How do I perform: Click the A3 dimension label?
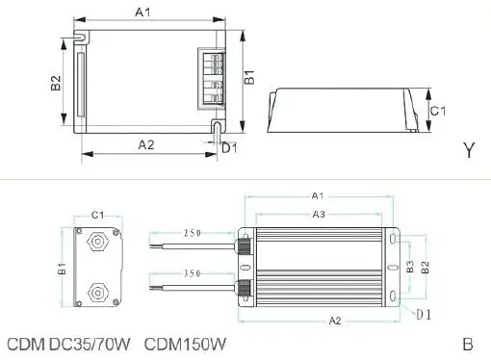(x=318, y=214)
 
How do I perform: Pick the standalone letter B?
(x=467, y=344)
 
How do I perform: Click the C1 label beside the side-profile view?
(x=436, y=111)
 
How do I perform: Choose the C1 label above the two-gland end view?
(x=97, y=214)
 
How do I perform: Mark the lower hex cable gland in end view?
(x=97, y=288)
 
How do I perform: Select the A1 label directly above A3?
(x=318, y=195)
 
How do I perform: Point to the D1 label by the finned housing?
(x=422, y=314)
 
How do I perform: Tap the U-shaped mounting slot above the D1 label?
(x=220, y=126)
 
